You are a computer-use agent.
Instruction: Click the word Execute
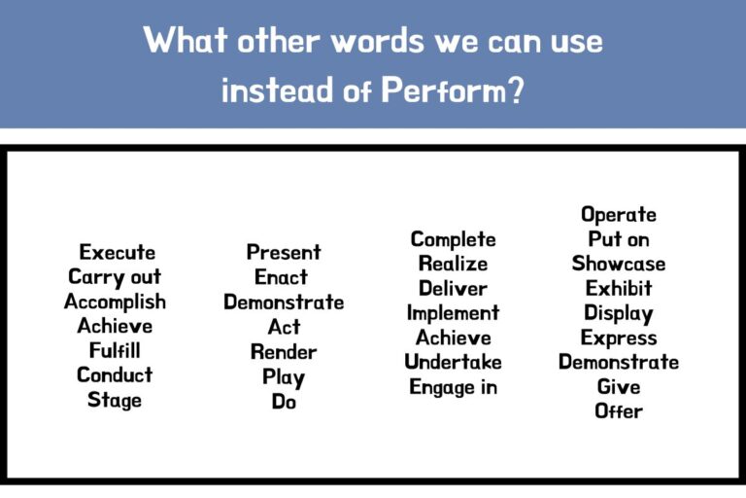tap(117, 253)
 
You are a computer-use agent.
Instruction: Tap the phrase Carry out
tap(115, 278)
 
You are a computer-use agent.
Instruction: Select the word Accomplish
tap(115, 302)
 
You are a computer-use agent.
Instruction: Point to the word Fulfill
tap(115, 351)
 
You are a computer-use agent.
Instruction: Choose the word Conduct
tap(115, 375)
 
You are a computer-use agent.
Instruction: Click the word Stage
tap(115, 400)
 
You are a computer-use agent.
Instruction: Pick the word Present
tap(284, 253)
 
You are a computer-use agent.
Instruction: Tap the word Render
tap(284, 351)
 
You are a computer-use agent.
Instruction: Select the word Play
tap(284, 376)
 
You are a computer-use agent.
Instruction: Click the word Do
tap(284, 401)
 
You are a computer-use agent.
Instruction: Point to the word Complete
tap(453, 239)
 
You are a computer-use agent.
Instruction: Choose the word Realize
tap(453, 264)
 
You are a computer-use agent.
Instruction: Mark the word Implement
tap(453, 313)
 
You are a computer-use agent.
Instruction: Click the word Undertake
tap(453, 362)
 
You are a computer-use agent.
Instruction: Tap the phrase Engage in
tap(453, 387)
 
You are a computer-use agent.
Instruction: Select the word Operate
tap(619, 215)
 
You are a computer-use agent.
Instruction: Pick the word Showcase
tap(619, 264)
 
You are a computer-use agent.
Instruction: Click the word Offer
tap(619, 410)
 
